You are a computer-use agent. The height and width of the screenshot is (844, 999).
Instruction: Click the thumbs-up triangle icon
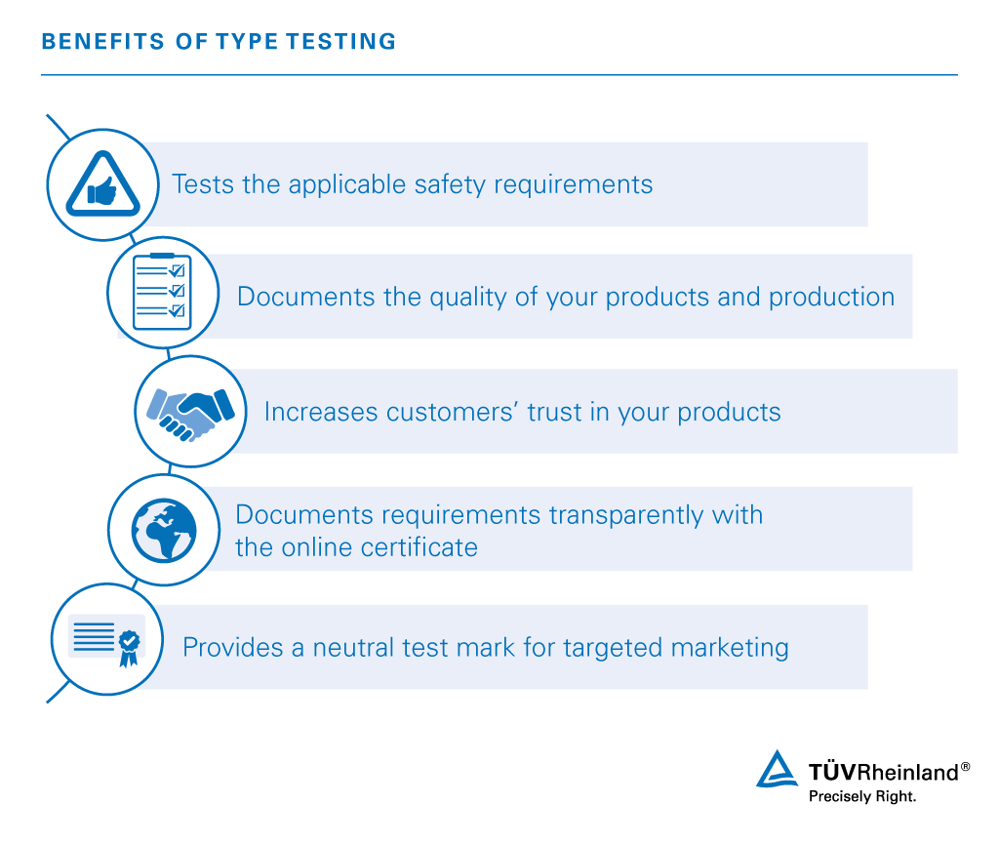(x=102, y=184)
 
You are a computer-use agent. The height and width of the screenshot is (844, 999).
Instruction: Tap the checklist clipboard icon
(x=163, y=291)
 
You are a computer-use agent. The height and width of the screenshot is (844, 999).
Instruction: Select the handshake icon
(x=189, y=410)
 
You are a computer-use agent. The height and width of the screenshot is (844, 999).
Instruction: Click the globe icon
(x=163, y=530)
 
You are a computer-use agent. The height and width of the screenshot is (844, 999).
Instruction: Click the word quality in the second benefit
(x=472, y=297)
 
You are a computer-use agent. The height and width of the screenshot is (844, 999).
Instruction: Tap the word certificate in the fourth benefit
(x=414, y=546)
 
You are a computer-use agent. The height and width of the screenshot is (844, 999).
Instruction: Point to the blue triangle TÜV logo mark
(x=777, y=770)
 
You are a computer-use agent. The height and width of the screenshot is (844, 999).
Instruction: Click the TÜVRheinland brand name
(x=883, y=773)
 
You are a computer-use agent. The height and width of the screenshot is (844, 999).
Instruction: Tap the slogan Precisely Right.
(x=862, y=796)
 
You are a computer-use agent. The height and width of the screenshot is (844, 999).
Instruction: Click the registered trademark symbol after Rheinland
(x=965, y=767)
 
